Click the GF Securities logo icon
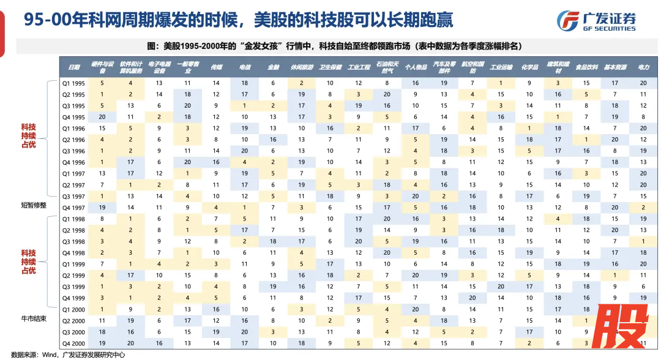tap(568, 20)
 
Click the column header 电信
tap(245, 67)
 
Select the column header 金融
tap(273, 67)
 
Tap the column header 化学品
tap(529, 67)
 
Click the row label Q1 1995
tap(74, 83)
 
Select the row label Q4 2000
tap(74, 343)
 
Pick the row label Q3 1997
tap(74, 196)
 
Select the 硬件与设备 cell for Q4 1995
tap(102, 117)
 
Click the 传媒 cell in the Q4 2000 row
tap(216, 343)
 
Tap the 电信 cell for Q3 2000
tap(245, 332)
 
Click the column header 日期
tap(74, 67)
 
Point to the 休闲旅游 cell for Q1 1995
tap(302, 83)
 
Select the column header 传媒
tap(216, 67)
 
